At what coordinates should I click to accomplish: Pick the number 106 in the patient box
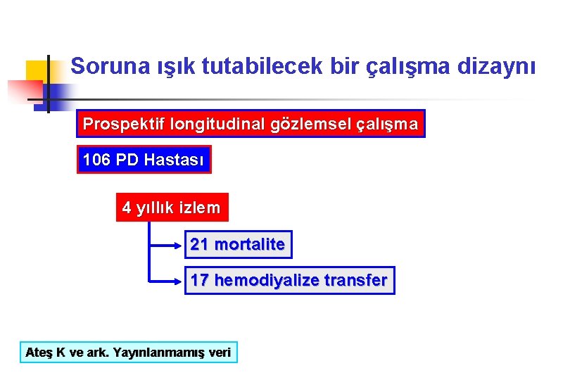coord(96,160)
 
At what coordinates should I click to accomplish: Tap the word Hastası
coord(174,160)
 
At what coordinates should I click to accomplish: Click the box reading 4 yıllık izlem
coord(172,208)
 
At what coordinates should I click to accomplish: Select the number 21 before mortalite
coord(199,244)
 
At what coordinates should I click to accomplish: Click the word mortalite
coord(250,244)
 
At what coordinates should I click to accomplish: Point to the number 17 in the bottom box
coord(199,280)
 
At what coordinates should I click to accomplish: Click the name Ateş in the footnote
coord(39,352)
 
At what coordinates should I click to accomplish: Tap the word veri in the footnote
coord(220,352)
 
